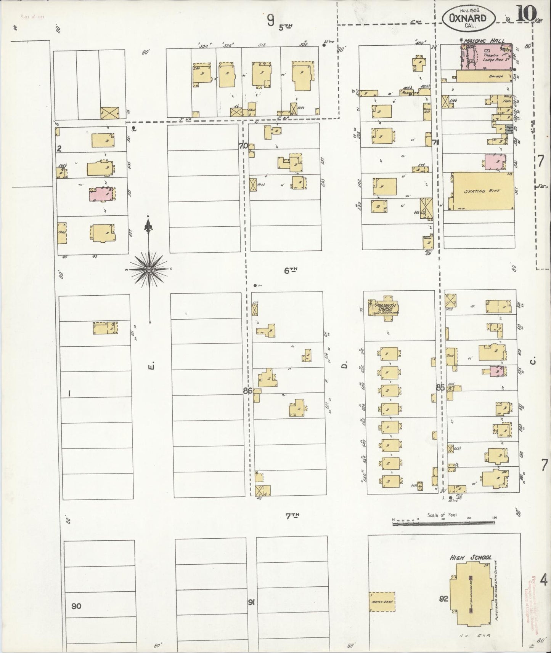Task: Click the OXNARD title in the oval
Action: click(x=469, y=18)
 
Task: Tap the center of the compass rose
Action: click(x=149, y=269)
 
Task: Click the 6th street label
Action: click(x=291, y=270)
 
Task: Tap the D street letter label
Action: click(x=344, y=366)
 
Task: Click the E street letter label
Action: click(x=151, y=367)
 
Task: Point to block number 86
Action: click(x=247, y=391)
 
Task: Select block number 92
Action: click(x=443, y=599)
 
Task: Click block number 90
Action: click(x=76, y=606)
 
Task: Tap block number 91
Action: click(x=251, y=602)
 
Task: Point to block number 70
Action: click(x=243, y=145)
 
